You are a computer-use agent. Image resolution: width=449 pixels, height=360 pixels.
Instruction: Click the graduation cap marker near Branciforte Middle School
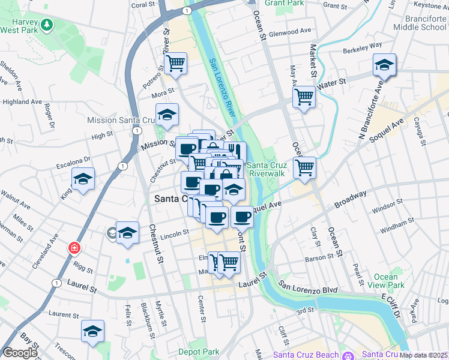384,65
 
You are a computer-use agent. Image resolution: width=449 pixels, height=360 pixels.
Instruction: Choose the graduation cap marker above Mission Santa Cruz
167,114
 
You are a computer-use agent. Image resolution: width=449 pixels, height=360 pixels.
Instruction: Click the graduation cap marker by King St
83,178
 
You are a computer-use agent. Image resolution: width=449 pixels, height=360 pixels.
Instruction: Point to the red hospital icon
74,248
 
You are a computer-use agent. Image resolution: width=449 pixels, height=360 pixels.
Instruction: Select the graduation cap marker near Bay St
92,331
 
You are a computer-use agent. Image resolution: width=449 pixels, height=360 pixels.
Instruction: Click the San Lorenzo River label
221,88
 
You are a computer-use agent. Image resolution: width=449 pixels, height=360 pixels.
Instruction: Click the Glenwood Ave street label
291,31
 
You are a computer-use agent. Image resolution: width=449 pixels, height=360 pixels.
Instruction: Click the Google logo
20,353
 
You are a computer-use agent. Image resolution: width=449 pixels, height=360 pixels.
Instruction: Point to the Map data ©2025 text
424,355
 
